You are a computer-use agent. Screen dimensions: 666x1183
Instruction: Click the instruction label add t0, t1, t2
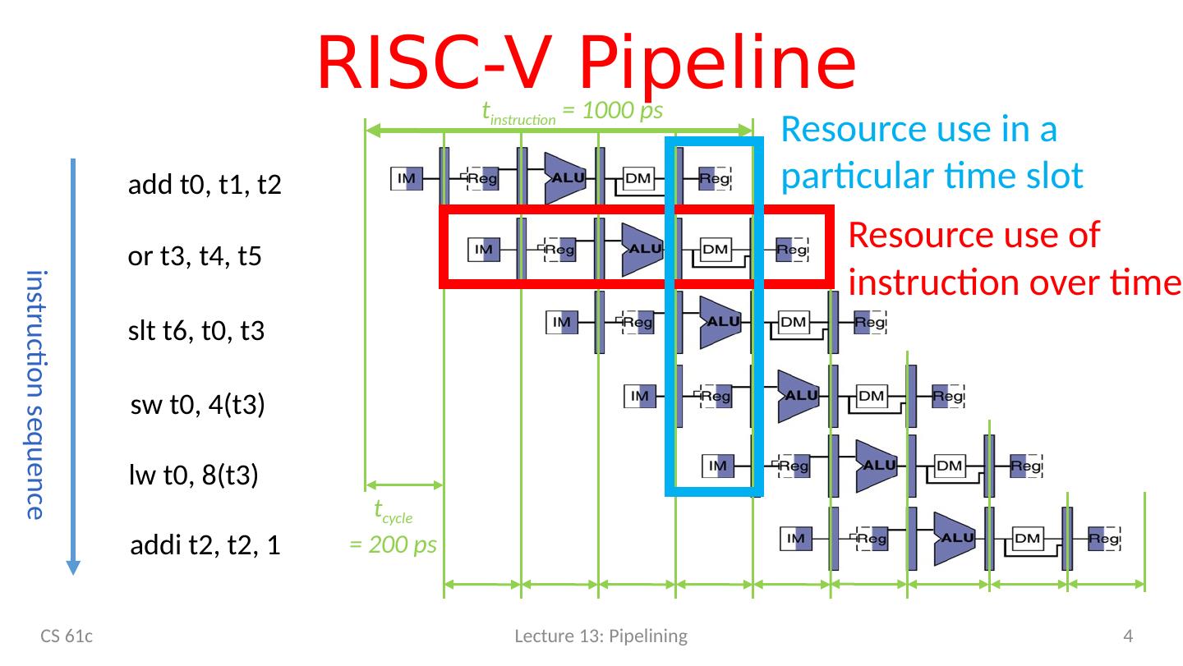point(205,186)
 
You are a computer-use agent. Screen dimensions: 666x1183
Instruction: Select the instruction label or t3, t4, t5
point(195,258)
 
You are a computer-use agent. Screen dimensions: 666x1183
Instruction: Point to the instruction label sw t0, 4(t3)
point(197,405)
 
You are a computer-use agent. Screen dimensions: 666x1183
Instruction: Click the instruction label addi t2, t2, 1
point(206,547)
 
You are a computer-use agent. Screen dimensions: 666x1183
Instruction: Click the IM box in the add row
point(406,177)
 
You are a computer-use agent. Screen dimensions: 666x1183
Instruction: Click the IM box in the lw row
point(717,466)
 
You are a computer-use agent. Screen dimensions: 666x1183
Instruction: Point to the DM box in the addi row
point(1027,539)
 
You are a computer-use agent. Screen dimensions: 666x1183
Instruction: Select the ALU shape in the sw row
point(799,395)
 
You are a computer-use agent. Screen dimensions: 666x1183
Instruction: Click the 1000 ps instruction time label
point(572,111)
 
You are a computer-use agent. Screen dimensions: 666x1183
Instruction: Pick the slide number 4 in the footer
point(1128,636)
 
